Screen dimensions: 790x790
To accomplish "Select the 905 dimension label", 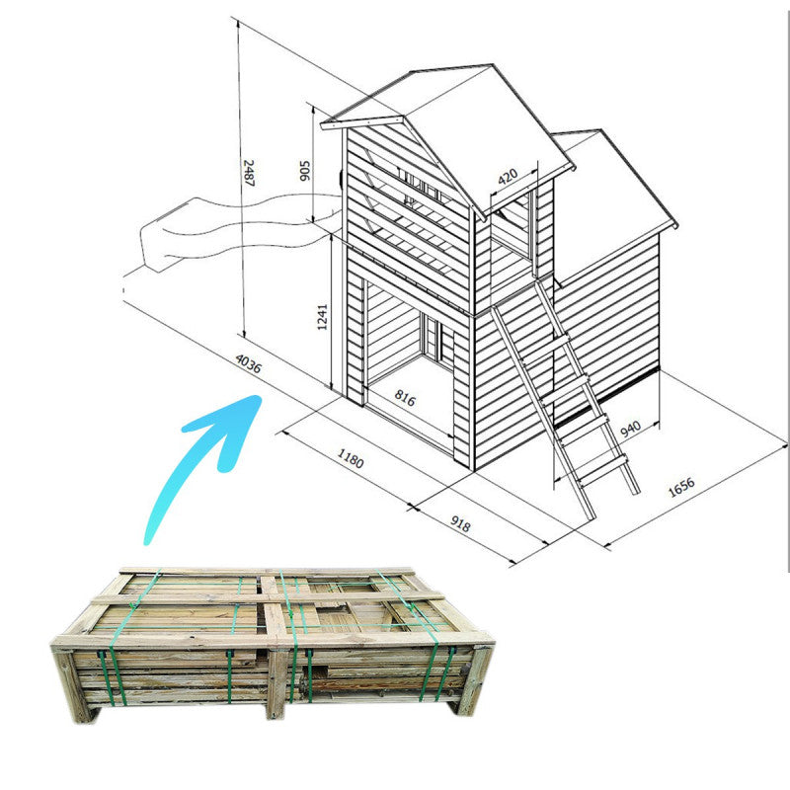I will [x=305, y=176].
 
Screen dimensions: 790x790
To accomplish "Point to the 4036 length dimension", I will [x=250, y=368].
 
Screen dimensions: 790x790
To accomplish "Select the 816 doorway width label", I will [x=404, y=398].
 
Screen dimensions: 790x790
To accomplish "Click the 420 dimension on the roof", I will [x=508, y=178].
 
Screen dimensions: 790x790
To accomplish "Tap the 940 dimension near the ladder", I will [x=631, y=428].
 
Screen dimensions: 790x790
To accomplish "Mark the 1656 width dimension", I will [x=681, y=488].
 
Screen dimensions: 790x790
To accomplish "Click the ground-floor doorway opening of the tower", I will [x=407, y=346].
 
